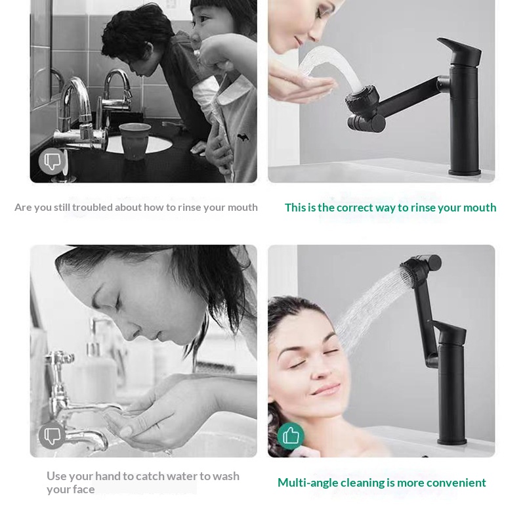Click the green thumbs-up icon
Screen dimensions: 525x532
tap(291, 436)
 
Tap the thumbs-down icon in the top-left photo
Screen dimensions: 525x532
tap(52, 161)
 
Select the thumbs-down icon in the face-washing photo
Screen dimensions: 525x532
tap(52, 435)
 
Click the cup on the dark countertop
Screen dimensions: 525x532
tap(135, 141)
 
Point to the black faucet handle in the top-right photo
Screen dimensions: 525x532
tap(460, 51)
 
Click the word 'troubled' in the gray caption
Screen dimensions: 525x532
tap(93, 208)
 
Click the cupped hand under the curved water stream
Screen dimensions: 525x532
tap(304, 86)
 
